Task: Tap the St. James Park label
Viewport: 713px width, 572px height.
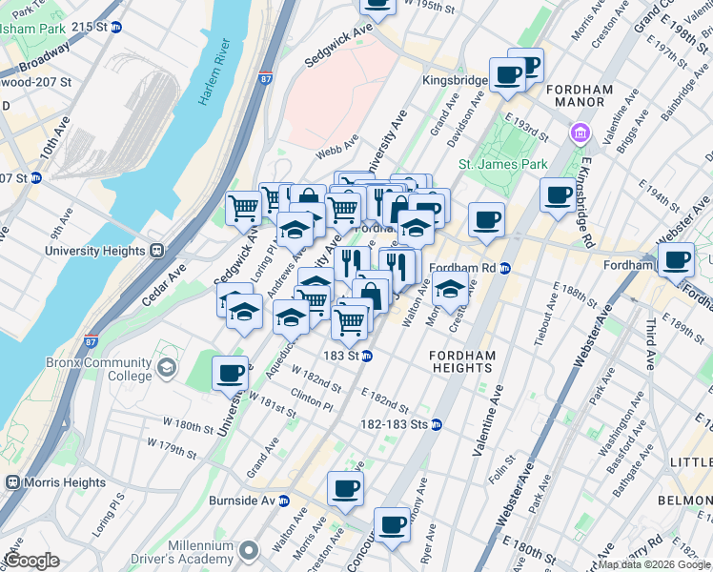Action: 502,164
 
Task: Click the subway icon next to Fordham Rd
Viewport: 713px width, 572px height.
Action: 505,268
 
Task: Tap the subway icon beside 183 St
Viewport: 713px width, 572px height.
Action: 366,356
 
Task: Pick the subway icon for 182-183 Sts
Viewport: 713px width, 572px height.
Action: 436,424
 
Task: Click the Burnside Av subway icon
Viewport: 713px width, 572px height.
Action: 283,500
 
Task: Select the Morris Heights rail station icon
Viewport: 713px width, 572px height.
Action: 12,482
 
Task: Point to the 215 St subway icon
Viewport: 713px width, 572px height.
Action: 116,28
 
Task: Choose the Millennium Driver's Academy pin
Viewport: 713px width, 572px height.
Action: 249,550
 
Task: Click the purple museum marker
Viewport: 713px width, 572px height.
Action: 579,132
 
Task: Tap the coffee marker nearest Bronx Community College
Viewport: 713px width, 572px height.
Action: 231,372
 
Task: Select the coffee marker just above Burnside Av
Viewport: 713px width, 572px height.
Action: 345,488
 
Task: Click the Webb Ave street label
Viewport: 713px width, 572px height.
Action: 337,143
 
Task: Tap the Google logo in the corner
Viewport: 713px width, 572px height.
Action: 32,561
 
